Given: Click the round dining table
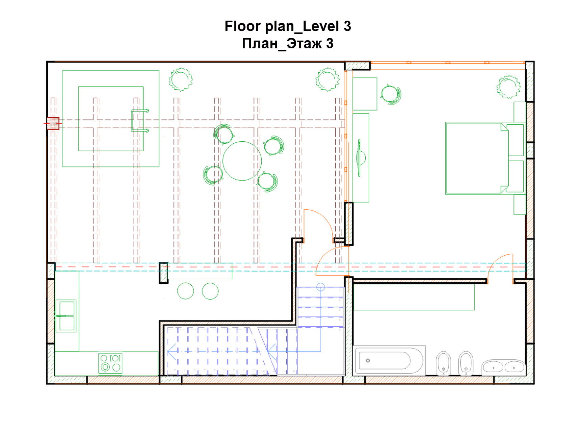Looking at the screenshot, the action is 242,161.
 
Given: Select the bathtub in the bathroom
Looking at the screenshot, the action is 389,361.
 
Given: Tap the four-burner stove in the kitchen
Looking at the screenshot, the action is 110,363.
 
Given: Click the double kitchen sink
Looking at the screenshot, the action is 66,316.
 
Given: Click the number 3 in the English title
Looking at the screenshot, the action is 347,26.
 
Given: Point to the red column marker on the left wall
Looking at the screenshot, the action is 53,123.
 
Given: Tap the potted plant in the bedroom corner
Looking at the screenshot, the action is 508,87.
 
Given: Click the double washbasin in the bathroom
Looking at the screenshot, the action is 504,367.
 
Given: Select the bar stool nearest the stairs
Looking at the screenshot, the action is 210,291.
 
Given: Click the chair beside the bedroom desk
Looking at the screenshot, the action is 391,95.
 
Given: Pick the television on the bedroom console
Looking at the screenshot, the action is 360,158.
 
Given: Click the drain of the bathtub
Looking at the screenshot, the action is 368,361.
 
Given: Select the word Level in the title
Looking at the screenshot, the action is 321,26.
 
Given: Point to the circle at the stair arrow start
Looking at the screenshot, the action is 320,287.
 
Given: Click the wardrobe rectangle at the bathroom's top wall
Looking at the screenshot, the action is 414,297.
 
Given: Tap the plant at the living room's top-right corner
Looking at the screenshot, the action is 328,79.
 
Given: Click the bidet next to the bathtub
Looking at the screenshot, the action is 443,364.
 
